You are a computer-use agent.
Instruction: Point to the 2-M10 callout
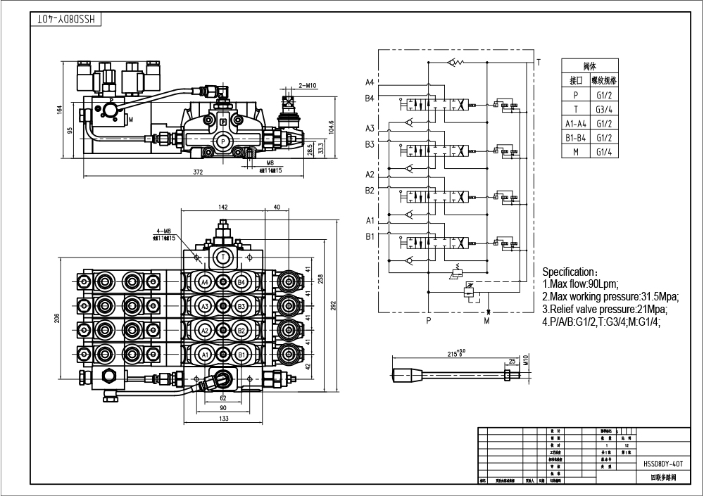click(308, 85)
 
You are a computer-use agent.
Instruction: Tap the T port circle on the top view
click(223, 257)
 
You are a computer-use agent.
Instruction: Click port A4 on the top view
click(205, 282)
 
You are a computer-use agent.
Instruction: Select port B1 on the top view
click(240, 355)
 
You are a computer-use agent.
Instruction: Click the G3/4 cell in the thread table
click(604, 108)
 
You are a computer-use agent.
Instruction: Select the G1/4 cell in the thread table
click(604, 151)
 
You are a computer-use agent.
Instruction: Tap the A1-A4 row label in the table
click(576, 123)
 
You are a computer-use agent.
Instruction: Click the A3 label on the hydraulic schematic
click(370, 129)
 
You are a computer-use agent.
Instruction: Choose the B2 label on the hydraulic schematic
click(370, 191)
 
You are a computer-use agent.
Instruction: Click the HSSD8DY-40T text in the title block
click(663, 464)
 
